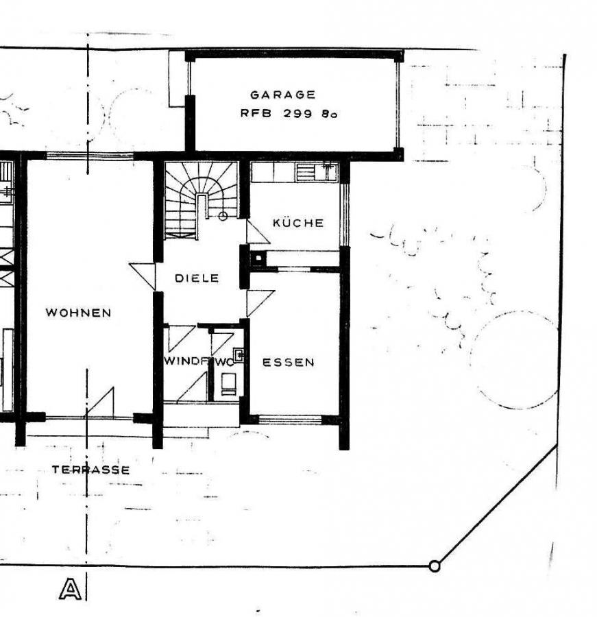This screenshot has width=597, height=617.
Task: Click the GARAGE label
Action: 282,95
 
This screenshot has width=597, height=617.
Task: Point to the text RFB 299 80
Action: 288,114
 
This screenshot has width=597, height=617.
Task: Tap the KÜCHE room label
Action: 297,223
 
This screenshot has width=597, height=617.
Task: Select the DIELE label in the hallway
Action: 197,278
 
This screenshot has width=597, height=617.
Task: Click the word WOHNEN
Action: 78,313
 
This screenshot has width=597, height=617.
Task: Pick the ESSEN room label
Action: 289,363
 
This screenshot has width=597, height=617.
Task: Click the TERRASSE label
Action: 90,470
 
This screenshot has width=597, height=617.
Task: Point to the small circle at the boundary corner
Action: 433,566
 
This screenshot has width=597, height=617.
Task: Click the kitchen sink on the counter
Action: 326,170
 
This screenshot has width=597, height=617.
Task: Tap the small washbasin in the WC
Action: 239,354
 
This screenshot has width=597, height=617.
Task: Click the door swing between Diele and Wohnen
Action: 144,276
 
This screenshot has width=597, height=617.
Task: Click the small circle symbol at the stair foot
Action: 223,216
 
